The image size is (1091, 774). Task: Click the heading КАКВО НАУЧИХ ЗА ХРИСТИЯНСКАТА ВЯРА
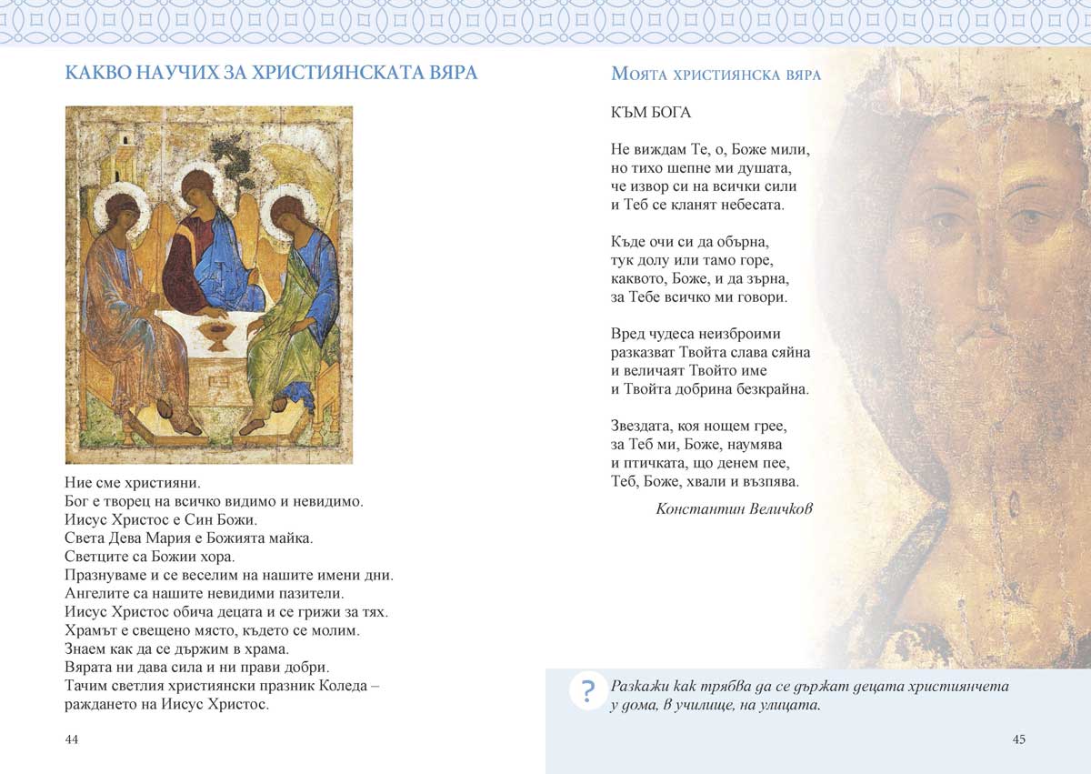[x=271, y=73]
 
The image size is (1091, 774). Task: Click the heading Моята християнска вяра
[x=716, y=75]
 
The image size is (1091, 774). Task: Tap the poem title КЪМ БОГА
[x=651, y=113]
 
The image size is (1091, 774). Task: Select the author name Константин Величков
[x=734, y=509]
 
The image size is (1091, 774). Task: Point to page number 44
[x=72, y=739]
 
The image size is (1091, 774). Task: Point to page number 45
[x=1018, y=739]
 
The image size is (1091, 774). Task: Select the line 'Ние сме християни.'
[x=132, y=481]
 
